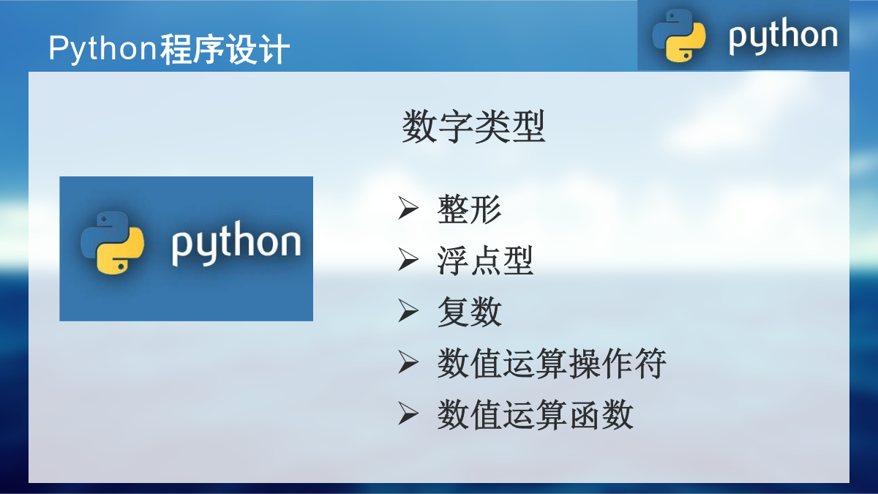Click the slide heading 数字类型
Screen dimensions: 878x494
pos(473,127)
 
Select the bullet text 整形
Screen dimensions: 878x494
pos(469,209)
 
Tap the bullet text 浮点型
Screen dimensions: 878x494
pos(485,261)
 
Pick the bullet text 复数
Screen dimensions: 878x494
pos(470,312)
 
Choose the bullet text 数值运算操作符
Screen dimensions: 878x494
pos(552,364)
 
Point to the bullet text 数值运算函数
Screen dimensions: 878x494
pos(535,415)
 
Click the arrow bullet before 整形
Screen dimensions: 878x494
pos(408,208)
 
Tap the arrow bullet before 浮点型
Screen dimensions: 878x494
pos(408,259)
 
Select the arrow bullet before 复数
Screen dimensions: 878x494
pos(408,310)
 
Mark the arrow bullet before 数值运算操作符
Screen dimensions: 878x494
pos(408,362)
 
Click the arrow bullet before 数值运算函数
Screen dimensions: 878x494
pos(408,413)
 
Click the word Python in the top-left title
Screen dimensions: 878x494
pos(103,49)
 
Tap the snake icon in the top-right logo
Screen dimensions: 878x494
pos(679,36)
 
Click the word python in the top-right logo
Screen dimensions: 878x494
pos(783,35)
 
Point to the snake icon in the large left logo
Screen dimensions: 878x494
pos(112,243)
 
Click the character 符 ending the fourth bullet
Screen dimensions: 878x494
pos(650,364)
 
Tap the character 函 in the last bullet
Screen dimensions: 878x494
pos(585,415)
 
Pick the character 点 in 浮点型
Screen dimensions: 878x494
pos(486,261)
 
